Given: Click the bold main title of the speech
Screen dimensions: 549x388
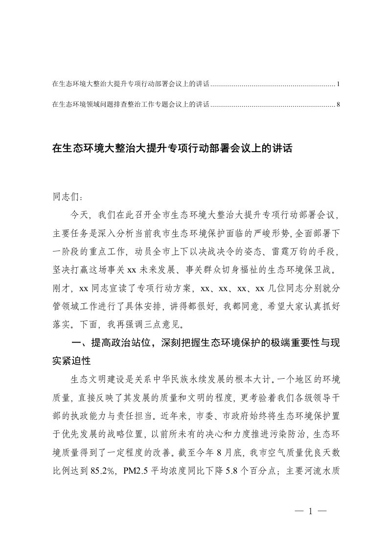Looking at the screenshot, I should tap(172, 148).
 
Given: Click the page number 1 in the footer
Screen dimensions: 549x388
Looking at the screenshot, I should tap(311, 512).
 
